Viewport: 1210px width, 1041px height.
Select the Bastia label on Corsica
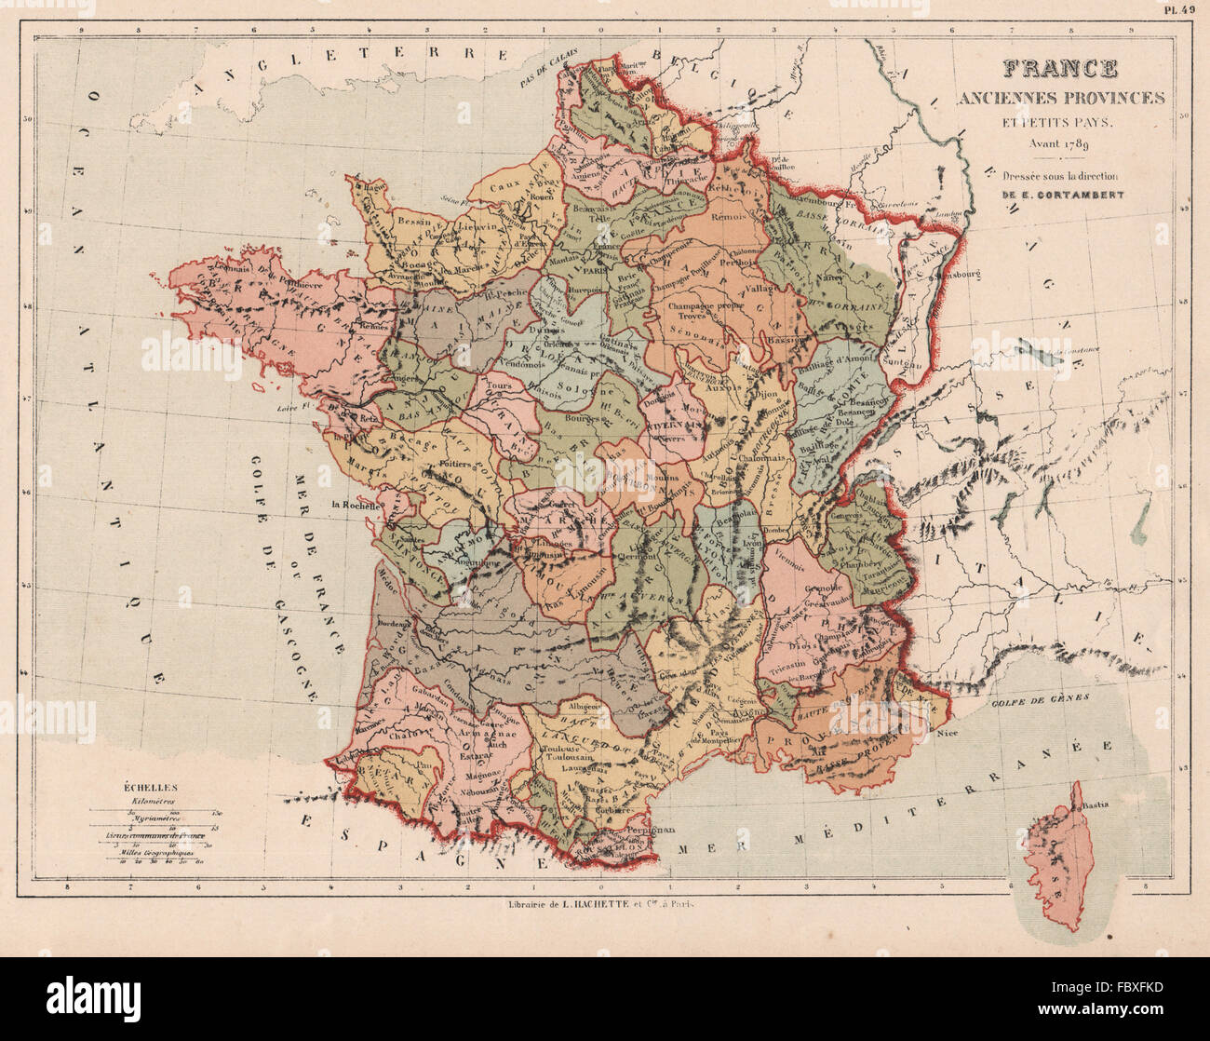click(1096, 804)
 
